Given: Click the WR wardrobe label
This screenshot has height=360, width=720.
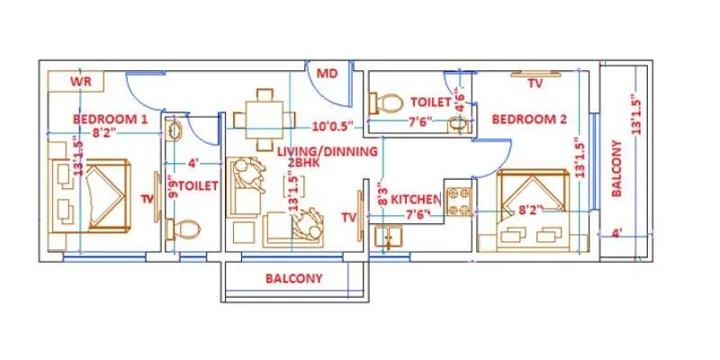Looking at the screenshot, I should click(82, 82).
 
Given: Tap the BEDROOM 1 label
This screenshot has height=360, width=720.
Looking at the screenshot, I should click(110, 119).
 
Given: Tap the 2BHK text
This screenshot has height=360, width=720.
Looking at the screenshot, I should click(295, 164).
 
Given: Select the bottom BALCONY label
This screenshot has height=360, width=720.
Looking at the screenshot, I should click(293, 279).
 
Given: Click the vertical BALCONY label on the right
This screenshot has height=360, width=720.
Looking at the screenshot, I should click(617, 168).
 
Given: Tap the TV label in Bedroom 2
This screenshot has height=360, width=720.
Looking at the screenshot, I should click(535, 84).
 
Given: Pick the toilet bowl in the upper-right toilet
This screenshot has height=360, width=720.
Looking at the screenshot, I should click(388, 100).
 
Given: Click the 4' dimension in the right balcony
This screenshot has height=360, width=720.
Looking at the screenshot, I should click(616, 233).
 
